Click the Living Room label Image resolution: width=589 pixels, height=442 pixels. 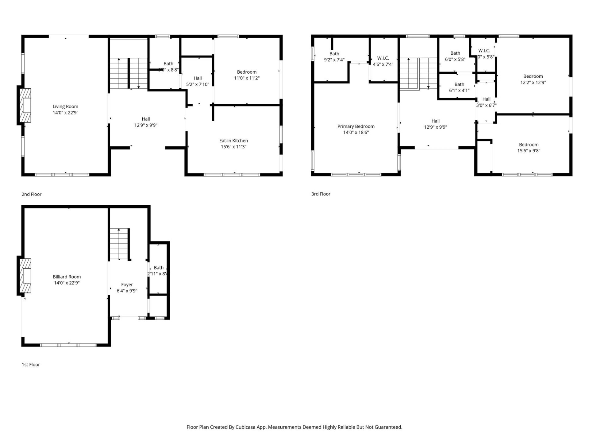click(x=65, y=107)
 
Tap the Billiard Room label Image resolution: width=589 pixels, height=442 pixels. click(x=67, y=277)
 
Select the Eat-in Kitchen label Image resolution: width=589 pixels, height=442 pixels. click(x=233, y=141)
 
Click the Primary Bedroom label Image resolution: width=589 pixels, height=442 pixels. click(x=356, y=126)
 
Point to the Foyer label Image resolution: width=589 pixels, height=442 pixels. click(x=127, y=285)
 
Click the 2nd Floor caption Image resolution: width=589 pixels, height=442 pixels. click(x=31, y=194)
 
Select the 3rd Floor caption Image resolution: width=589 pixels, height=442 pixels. click(x=321, y=194)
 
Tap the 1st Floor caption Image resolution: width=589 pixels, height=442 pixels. click(x=31, y=365)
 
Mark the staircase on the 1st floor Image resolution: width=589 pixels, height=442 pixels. click(x=120, y=244)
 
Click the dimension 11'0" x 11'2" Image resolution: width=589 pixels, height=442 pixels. click(x=247, y=78)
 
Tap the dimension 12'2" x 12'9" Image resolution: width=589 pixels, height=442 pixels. click(x=533, y=83)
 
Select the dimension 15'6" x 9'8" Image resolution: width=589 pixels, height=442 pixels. click(x=529, y=151)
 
